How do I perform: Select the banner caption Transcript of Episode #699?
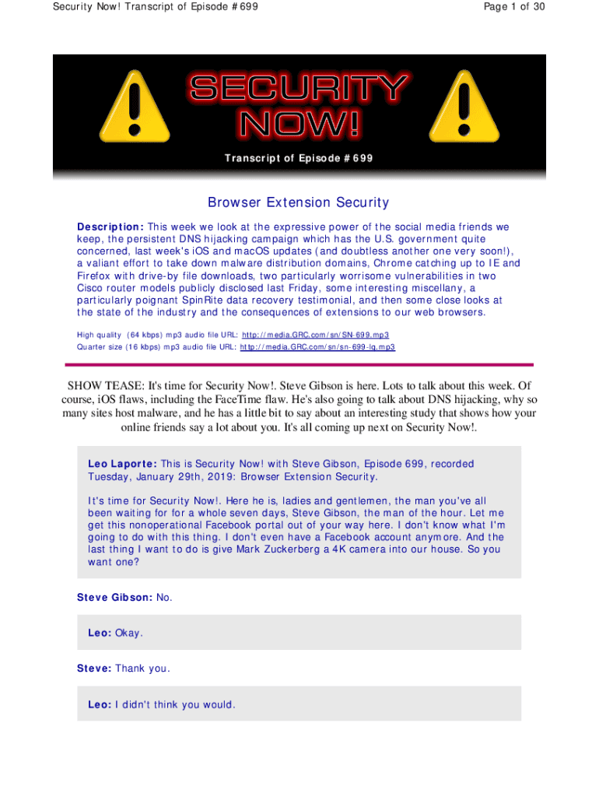point(299,159)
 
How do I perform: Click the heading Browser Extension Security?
point(298,203)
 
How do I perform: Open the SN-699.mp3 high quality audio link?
point(315,334)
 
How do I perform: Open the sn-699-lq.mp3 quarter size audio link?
point(317,346)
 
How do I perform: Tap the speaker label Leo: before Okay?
point(100,633)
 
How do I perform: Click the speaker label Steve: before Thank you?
point(94,669)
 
